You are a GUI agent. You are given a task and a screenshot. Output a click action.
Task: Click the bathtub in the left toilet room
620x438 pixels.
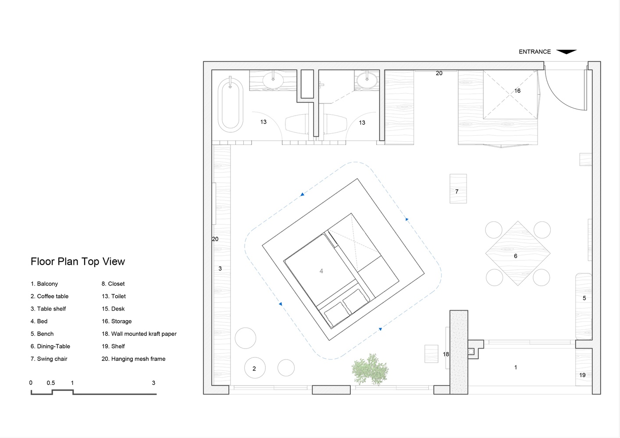tap(231, 105)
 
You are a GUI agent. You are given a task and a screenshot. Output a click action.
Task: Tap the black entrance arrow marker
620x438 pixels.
tap(567, 52)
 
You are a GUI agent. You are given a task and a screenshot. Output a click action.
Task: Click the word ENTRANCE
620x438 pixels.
tap(534, 52)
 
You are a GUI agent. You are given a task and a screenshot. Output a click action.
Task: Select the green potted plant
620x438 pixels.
tap(370, 369)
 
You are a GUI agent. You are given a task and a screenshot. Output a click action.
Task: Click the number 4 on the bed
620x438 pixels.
tap(321, 271)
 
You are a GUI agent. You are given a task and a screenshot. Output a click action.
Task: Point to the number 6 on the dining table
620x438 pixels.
tap(515, 256)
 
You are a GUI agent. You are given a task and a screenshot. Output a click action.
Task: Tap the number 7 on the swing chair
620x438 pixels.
tap(457, 191)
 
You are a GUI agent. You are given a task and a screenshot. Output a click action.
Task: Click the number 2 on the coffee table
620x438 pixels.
tap(254, 369)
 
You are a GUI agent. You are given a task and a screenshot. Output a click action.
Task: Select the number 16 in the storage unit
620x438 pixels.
tap(517, 91)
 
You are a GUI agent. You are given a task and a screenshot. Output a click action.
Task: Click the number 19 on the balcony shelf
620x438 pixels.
tap(582, 375)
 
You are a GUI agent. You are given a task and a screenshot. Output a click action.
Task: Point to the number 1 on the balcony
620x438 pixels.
tap(516, 367)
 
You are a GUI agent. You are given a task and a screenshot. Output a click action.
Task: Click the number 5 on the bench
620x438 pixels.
tap(584, 298)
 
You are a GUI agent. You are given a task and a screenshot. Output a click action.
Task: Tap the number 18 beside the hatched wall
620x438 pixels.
tap(445, 354)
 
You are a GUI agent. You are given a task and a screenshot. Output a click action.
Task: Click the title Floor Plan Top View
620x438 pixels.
tap(78, 261)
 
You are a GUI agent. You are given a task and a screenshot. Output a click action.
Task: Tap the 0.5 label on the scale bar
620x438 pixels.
tap(51, 383)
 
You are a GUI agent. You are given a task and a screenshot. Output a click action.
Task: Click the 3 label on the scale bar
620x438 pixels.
tap(153, 383)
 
